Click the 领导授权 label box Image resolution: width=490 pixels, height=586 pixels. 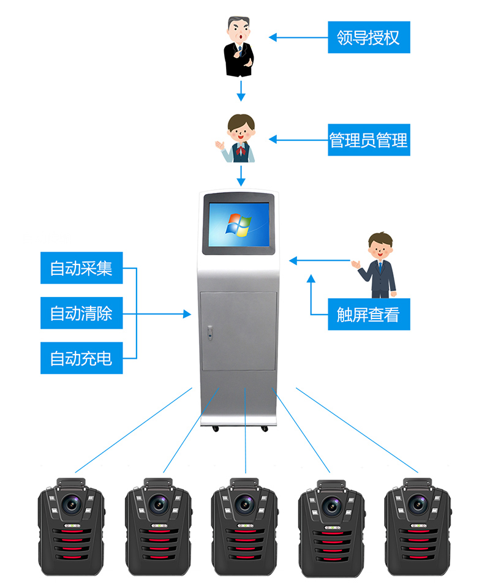368,37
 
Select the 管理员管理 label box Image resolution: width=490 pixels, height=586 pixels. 368,140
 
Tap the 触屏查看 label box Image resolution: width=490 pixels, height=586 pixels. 368,315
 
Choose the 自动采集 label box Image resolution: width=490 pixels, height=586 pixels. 81,268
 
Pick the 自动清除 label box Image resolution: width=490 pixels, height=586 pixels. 81,314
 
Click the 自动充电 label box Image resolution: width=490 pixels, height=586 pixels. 81,358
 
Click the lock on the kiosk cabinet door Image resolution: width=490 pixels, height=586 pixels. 210,334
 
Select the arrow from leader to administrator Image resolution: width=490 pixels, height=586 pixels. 241,91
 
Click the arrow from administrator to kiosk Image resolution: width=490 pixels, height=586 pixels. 241,176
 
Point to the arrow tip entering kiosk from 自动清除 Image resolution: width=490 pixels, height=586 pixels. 188,314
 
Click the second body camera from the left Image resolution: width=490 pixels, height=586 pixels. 158,520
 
